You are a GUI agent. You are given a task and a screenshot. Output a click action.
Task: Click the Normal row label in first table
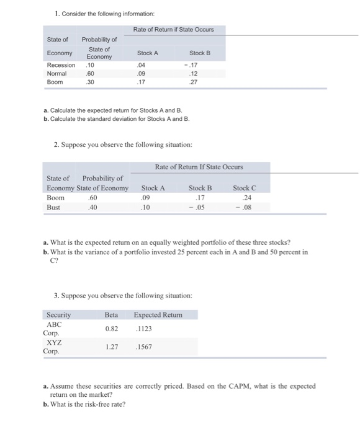click(57, 73)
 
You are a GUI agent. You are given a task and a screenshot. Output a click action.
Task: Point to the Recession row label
click(61, 64)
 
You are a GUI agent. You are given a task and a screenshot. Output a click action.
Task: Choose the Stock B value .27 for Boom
click(200, 81)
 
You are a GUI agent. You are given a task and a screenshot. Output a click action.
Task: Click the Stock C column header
click(244, 187)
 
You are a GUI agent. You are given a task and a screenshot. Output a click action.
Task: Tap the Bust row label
click(53, 207)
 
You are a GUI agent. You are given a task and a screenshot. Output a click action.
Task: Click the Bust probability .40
click(93, 207)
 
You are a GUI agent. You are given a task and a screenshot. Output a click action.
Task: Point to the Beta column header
click(112, 314)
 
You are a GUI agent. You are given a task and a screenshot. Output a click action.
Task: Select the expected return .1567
click(143, 347)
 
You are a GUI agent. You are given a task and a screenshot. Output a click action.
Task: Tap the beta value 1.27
click(112, 347)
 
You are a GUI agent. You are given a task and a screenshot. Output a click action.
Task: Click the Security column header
click(59, 314)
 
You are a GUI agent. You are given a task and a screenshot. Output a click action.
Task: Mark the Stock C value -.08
click(245, 207)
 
